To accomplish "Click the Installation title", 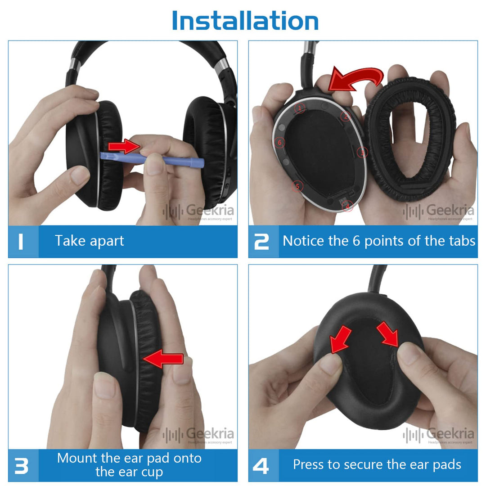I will pyautogui.click(x=245, y=21).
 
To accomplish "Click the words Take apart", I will pyautogui.click(x=89, y=241).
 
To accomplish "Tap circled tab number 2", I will pyautogui.click(x=345, y=116).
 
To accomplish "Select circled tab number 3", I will pyautogui.click(x=362, y=153).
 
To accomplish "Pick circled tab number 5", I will pyautogui.click(x=296, y=185).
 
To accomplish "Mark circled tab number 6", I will pyautogui.click(x=279, y=142).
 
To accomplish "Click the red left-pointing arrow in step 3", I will pyautogui.click(x=163, y=359).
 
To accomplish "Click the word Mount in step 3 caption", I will pyautogui.click(x=77, y=459).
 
